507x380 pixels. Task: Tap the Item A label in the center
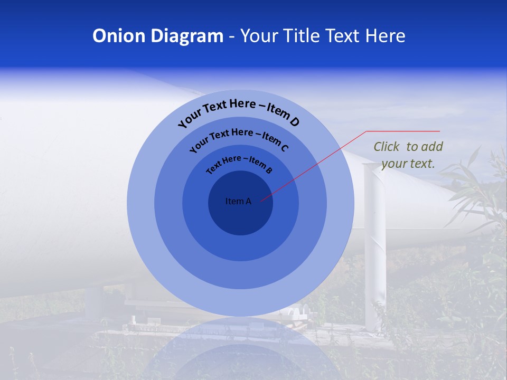[x=238, y=201]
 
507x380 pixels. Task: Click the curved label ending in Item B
[x=239, y=163]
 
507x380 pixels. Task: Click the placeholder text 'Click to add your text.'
[x=408, y=155]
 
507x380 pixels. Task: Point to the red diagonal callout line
[x=317, y=164]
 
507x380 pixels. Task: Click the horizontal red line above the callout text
[x=403, y=131]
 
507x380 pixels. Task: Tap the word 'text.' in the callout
[x=423, y=164]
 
